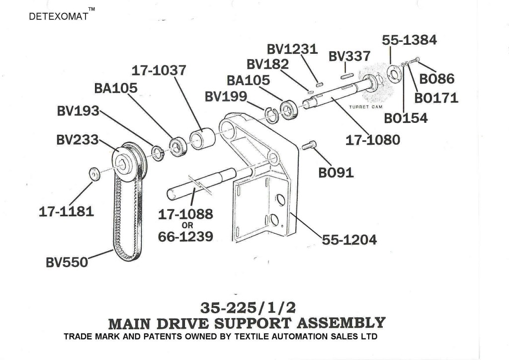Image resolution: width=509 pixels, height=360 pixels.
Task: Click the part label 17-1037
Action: click(x=159, y=70)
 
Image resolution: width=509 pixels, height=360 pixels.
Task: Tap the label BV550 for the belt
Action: click(x=67, y=262)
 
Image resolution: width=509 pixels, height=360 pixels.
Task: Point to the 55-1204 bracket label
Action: click(x=349, y=240)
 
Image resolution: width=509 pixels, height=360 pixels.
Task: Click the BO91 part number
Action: click(x=336, y=172)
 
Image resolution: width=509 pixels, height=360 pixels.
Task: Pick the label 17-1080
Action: click(x=372, y=140)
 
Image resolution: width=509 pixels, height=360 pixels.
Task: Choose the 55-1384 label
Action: click(x=409, y=40)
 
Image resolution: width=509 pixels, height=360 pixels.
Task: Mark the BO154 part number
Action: click(x=406, y=118)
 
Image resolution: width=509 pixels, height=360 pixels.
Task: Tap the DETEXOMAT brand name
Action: click(x=59, y=16)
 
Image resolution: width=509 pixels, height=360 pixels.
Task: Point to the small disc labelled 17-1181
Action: click(x=93, y=175)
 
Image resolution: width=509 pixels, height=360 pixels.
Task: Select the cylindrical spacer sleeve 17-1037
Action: click(x=203, y=138)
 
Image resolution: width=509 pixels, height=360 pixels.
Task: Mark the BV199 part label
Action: click(x=226, y=96)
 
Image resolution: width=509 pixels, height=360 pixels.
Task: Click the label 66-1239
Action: click(x=185, y=237)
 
